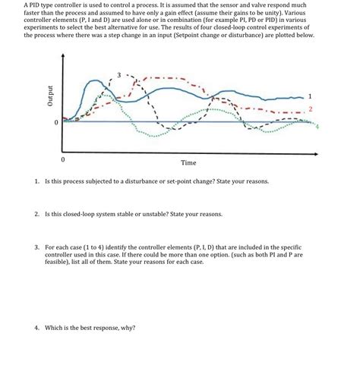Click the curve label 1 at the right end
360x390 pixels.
pos(311,96)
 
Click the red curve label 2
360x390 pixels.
pos(311,109)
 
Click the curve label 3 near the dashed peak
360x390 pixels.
pos(118,75)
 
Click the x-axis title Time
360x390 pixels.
pos(188,162)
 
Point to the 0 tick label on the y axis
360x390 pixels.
pos(55,121)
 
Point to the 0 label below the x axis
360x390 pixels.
pos(63,160)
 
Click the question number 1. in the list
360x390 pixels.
pos(36,182)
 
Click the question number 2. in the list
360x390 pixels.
pos(36,214)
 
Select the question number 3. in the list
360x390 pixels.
pos(36,247)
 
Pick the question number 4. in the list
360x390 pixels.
pos(36,328)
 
